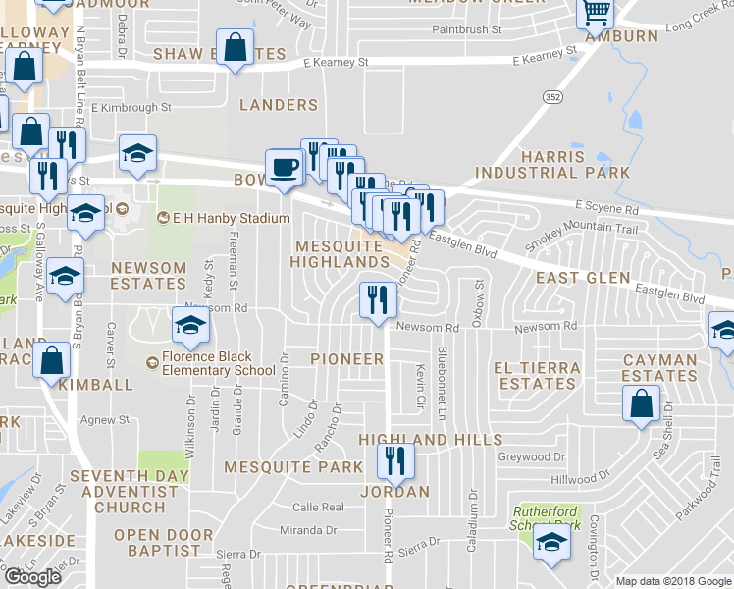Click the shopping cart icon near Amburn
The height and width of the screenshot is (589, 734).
[597, 14]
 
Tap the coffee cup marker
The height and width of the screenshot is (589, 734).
[285, 166]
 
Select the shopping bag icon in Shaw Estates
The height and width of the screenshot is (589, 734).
[236, 47]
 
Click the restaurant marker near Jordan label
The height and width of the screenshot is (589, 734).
[395, 459]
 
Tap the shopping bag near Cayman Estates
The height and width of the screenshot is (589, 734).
[641, 403]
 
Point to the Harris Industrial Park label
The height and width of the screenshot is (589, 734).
[552, 164]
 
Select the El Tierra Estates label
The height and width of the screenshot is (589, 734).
[537, 376]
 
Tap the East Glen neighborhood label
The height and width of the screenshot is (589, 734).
[583, 278]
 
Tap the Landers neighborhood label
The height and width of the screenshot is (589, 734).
[279, 104]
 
